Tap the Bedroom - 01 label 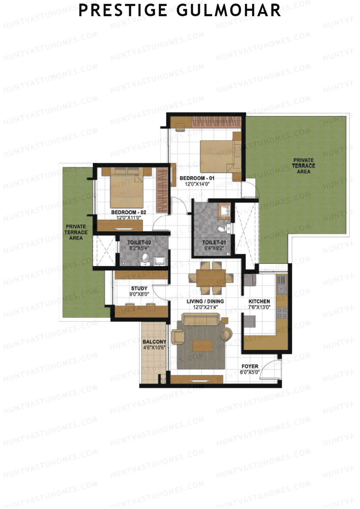click(x=197, y=178)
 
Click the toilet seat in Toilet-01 click(x=222, y=229)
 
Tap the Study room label click(x=139, y=289)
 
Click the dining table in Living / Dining click(x=211, y=278)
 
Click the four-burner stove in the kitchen click(x=282, y=313)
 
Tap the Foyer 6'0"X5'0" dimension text click(x=250, y=372)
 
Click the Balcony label click(x=154, y=342)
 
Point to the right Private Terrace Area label click(x=304, y=166)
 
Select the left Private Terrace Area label click(x=76, y=232)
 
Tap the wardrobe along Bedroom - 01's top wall click(x=216, y=121)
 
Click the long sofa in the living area click(x=201, y=319)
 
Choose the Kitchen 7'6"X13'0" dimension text click(x=259, y=307)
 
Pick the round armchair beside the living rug click(x=226, y=334)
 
